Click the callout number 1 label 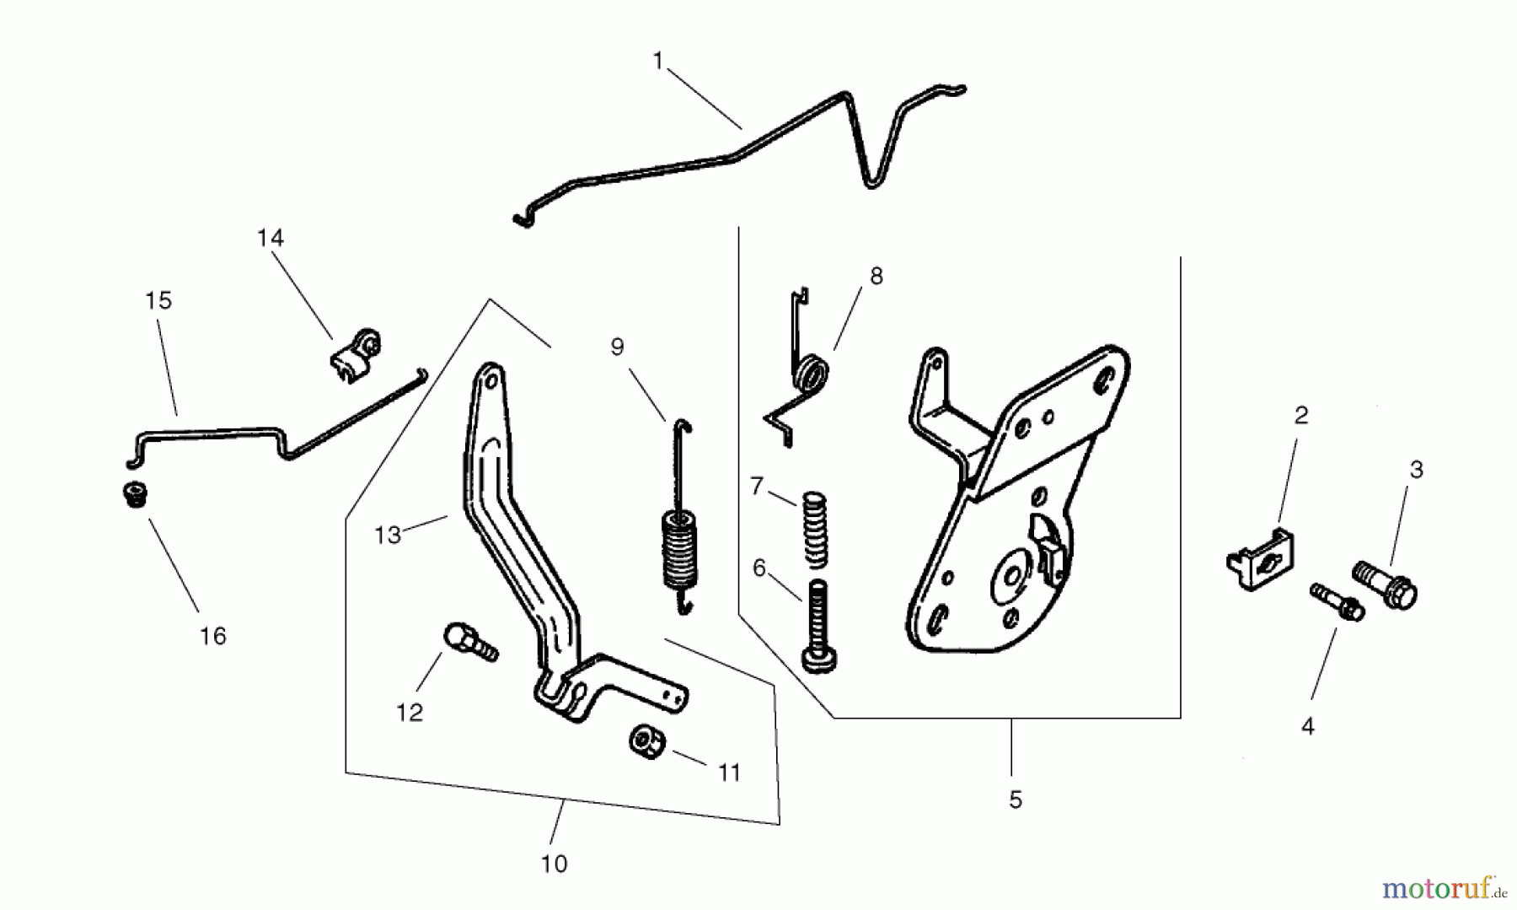(658, 61)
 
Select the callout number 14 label (271, 238)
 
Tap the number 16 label (213, 636)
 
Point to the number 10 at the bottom (554, 864)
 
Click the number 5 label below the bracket (1016, 800)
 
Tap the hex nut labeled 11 (647, 742)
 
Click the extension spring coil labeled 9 (678, 548)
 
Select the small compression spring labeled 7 (814, 528)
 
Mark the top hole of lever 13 (489, 380)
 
